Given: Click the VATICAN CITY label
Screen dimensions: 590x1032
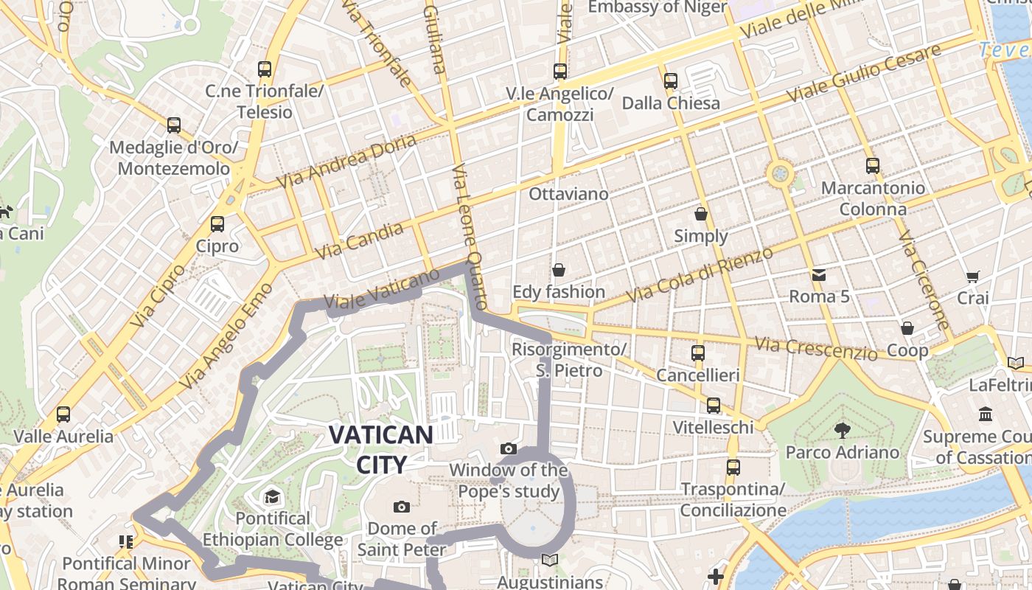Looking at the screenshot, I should (380, 448).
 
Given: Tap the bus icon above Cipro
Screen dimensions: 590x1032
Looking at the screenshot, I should (217, 224).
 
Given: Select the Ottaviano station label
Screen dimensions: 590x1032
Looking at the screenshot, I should (569, 194).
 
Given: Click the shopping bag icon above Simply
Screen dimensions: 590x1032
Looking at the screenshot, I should (701, 215).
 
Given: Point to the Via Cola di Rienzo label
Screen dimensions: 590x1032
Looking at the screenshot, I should (700, 274).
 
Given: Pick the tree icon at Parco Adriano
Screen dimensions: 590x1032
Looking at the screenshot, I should (842, 430).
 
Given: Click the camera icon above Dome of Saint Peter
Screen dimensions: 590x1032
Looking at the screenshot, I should (402, 507).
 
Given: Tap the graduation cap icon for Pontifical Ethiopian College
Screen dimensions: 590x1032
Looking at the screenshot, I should (273, 496).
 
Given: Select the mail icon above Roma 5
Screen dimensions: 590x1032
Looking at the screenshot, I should (819, 276).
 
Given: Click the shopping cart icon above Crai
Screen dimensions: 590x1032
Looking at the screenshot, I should (972, 277).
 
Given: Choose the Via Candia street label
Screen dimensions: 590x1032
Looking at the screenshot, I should (360, 240).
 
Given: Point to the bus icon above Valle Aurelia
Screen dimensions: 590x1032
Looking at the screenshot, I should (63, 414).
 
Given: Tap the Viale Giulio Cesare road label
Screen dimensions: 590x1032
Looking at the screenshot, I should (864, 73).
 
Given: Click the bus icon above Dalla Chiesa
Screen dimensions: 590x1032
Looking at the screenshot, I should (671, 81).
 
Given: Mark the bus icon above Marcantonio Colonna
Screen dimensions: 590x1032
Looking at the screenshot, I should (873, 166).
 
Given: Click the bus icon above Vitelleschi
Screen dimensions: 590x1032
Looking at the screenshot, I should (713, 406).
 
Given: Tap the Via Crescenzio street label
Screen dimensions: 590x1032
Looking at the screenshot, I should (817, 348).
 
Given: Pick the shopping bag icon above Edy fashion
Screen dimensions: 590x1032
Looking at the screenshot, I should (559, 270).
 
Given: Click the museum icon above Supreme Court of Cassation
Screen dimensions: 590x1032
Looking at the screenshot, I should (986, 414).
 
